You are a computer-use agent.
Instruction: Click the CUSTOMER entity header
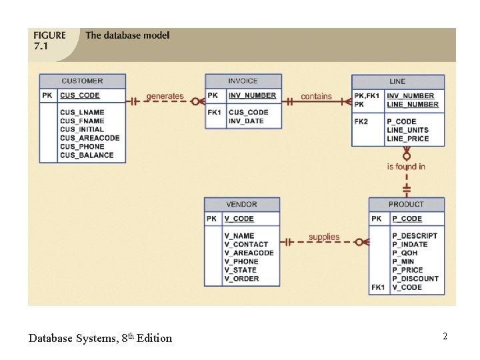[x=83, y=81]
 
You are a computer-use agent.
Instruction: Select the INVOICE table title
[x=243, y=81]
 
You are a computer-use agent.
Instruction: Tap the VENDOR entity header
[x=241, y=204]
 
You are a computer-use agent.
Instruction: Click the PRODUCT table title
[x=406, y=204]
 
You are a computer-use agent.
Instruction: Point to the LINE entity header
[x=397, y=81]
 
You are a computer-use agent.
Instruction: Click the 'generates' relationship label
[x=165, y=96]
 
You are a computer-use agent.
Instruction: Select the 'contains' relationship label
[x=316, y=96]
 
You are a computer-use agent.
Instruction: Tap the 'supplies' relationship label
[x=324, y=237]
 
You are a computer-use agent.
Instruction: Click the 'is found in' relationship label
[x=406, y=167]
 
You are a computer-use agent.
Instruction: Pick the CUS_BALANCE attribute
[x=87, y=155]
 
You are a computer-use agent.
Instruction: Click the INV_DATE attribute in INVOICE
[x=246, y=121]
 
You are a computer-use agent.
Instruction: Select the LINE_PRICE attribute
[x=407, y=139]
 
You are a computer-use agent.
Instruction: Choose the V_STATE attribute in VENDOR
[x=240, y=270]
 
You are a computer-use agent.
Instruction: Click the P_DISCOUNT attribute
[x=415, y=279]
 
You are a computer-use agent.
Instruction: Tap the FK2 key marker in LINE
[x=361, y=121]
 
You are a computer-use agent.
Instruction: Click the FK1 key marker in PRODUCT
[x=378, y=287]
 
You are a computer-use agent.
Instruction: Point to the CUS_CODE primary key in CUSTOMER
[x=80, y=96]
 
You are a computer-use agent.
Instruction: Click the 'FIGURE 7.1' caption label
[x=49, y=41]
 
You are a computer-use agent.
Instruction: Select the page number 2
[x=445, y=337]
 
